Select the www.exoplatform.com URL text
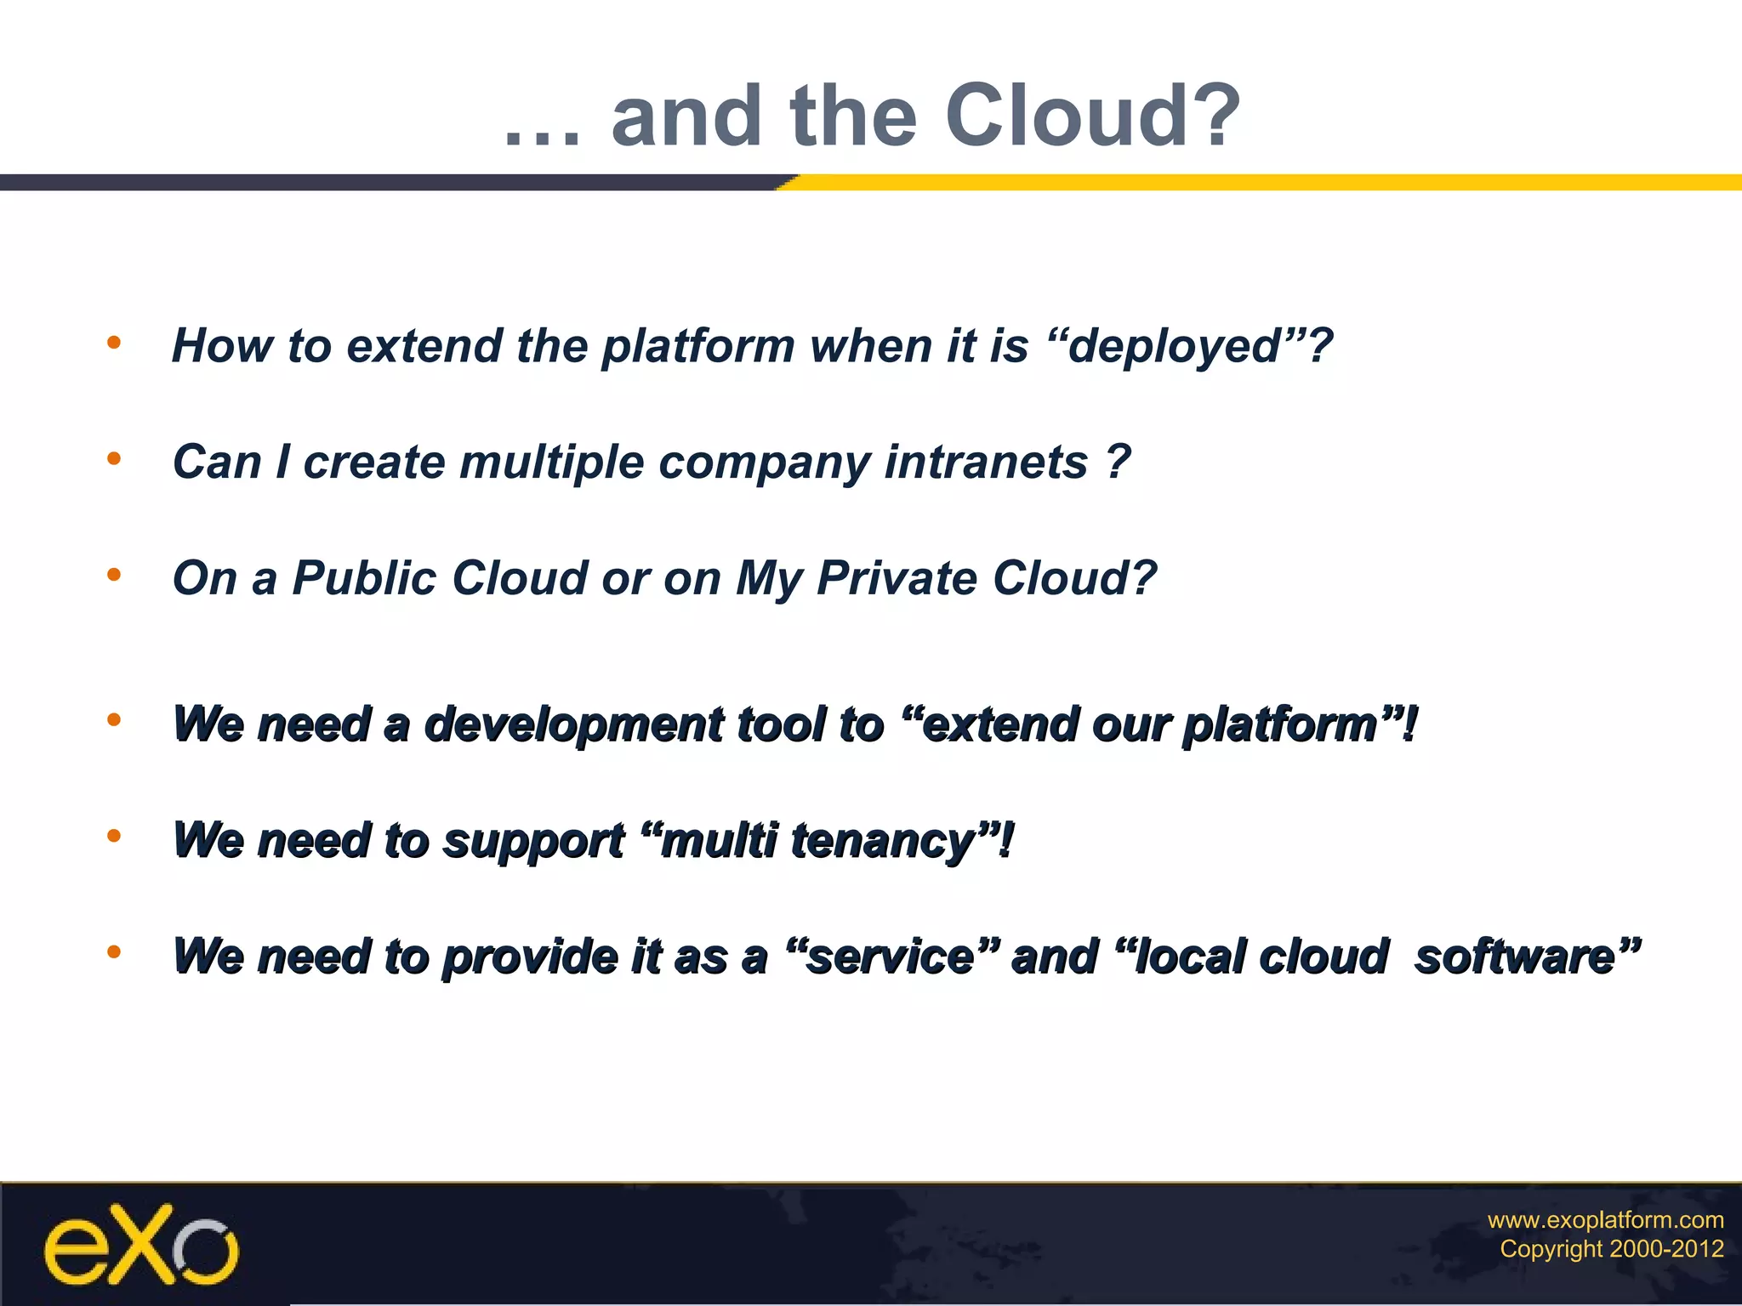(x=1605, y=1220)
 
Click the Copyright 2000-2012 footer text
(x=1611, y=1249)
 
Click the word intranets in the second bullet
(x=986, y=463)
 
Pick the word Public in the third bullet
(x=364, y=579)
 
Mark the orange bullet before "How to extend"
(x=114, y=343)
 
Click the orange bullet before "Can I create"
(x=114, y=459)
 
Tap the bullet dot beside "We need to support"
(x=114, y=837)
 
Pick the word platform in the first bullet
(x=697, y=347)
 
